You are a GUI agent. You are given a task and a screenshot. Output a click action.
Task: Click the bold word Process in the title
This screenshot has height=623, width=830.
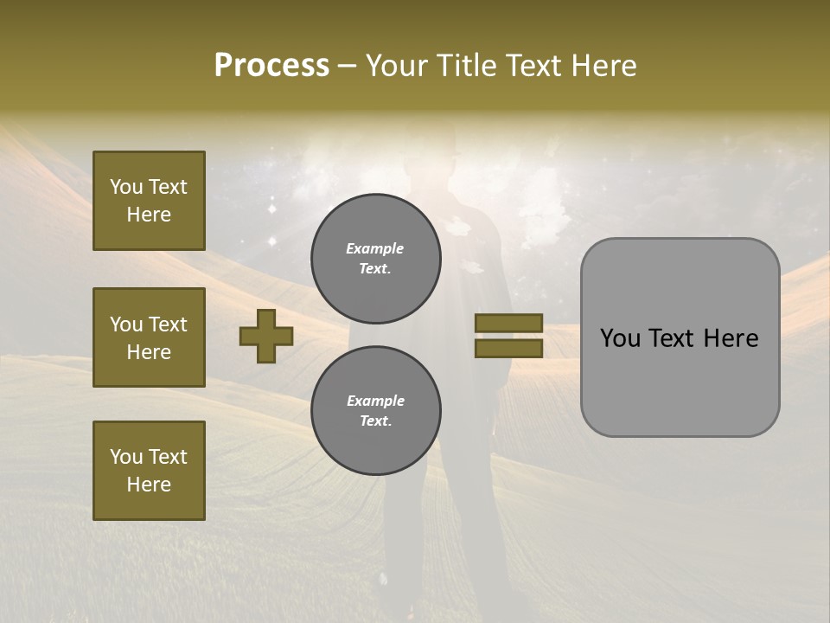click(x=271, y=66)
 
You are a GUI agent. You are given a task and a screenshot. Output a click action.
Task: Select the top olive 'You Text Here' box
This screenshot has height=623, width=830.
click(x=149, y=201)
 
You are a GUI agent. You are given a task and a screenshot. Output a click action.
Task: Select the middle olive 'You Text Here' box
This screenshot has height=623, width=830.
click(x=149, y=337)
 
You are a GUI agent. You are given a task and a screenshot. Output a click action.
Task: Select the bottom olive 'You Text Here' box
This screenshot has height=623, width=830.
click(x=149, y=470)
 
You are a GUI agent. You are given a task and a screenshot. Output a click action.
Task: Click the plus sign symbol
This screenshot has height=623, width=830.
click(x=266, y=337)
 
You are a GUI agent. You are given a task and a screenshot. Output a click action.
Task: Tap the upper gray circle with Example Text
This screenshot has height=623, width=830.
click(x=375, y=259)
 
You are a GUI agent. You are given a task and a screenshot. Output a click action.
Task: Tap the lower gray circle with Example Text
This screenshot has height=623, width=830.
click(x=375, y=411)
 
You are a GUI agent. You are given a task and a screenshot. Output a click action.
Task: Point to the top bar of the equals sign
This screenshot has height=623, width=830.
click(x=508, y=324)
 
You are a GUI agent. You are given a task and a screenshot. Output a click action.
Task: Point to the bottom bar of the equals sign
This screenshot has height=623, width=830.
click(x=508, y=348)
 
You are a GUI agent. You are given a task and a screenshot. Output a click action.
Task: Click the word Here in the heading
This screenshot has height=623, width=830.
click(x=604, y=66)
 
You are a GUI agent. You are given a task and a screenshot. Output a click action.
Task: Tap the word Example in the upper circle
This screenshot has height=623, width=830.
click(x=375, y=248)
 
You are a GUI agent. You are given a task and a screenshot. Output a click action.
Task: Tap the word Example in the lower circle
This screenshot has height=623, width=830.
click(x=375, y=401)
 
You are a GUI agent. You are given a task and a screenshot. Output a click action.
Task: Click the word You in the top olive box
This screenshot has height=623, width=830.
click(x=125, y=187)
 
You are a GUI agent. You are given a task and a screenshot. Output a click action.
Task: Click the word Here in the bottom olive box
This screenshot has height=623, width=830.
click(x=149, y=485)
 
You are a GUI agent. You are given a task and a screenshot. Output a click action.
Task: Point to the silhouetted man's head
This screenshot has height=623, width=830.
click(x=431, y=157)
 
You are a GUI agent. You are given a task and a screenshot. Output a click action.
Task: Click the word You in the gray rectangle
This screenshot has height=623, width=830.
click(x=620, y=338)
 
